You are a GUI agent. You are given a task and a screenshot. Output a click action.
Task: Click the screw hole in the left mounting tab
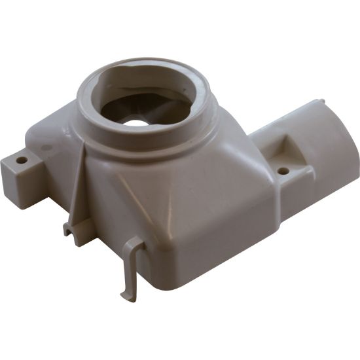[22, 159]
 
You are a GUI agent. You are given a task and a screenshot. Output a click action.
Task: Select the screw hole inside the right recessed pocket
[283, 171]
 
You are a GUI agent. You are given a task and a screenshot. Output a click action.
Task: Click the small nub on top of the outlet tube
[319, 101]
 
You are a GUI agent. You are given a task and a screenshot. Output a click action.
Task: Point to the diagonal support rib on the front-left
[77, 190]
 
